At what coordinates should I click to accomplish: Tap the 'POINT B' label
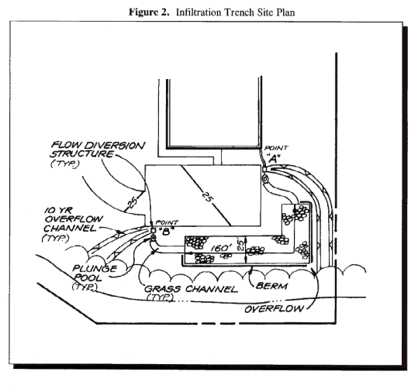click(165, 225)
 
